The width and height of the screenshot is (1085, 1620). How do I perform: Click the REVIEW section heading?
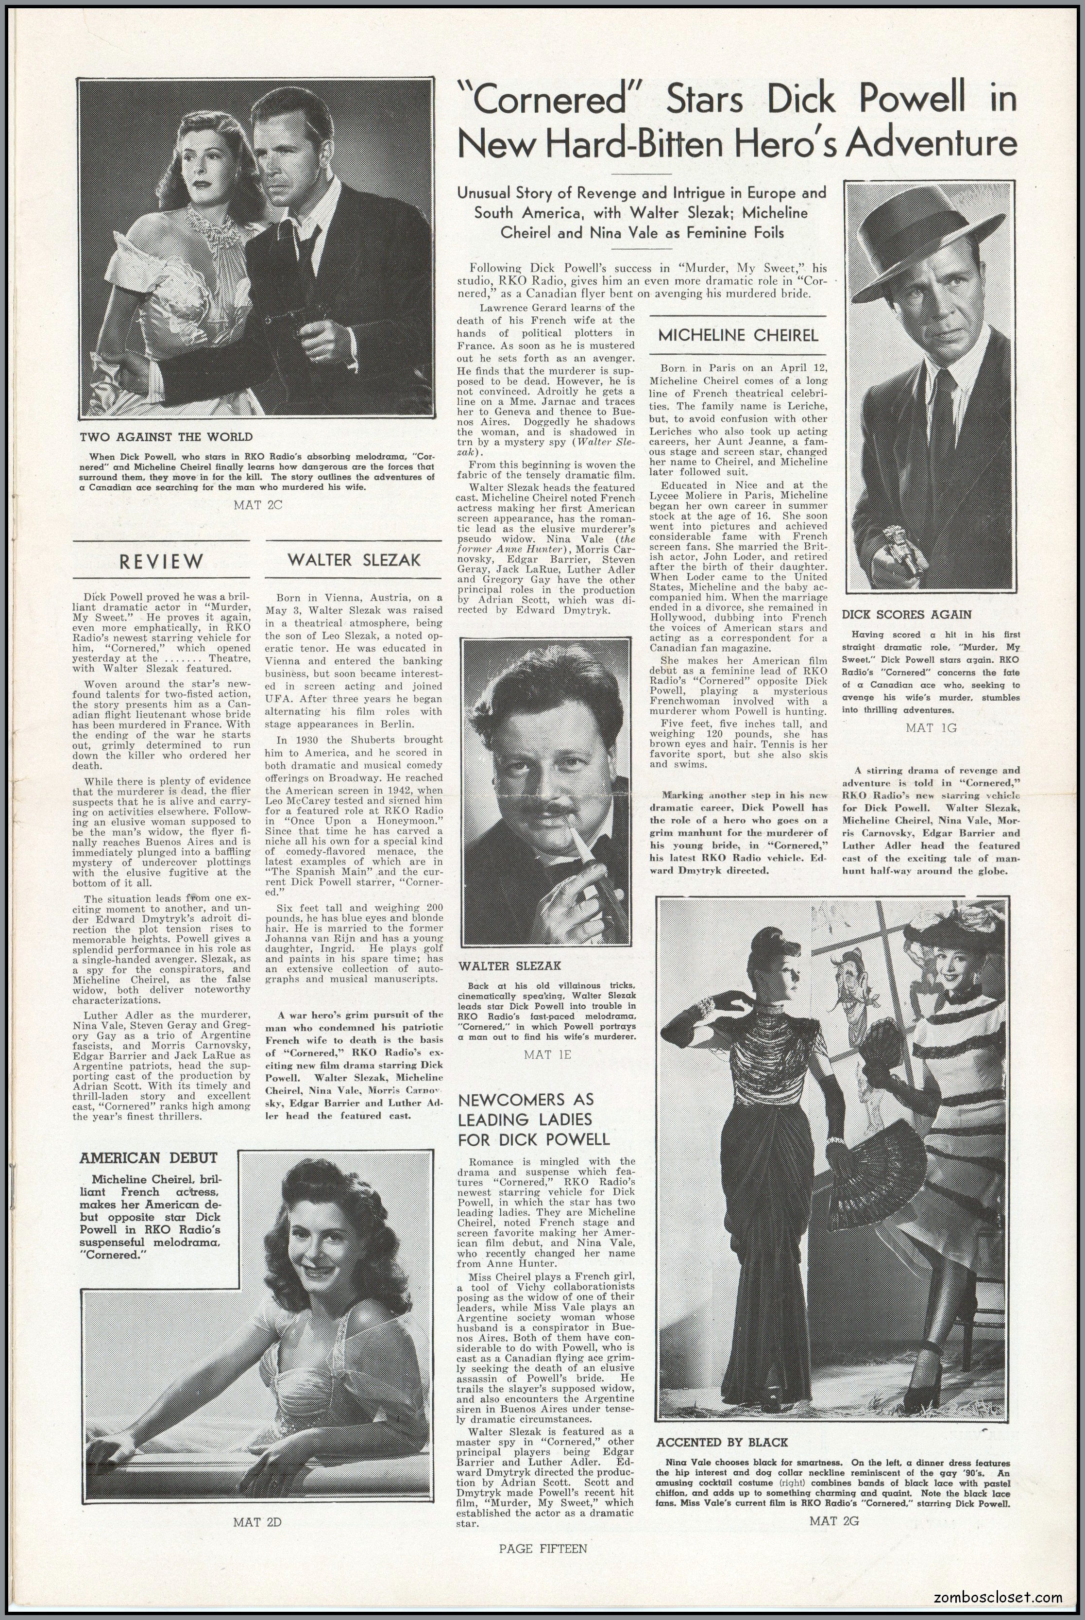(x=161, y=562)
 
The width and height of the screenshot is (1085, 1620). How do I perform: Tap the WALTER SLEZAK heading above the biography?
(x=354, y=560)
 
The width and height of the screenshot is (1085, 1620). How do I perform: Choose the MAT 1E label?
(x=547, y=1055)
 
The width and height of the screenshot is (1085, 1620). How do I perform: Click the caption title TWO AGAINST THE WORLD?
(x=166, y=437)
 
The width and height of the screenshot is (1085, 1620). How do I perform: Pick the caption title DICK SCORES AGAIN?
(x=906, y=614)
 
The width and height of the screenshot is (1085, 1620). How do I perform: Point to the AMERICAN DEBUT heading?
(x=148, y=1157)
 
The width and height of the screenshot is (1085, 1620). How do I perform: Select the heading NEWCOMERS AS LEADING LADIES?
(x=533, y=1119)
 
